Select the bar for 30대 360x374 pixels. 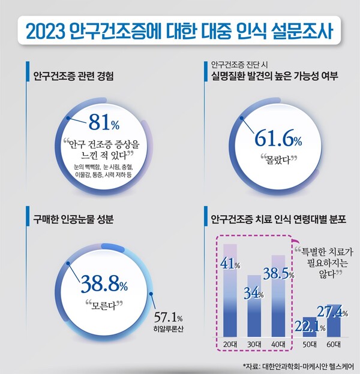(x=254, y=312)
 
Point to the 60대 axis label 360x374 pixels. (x=334, y=344)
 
